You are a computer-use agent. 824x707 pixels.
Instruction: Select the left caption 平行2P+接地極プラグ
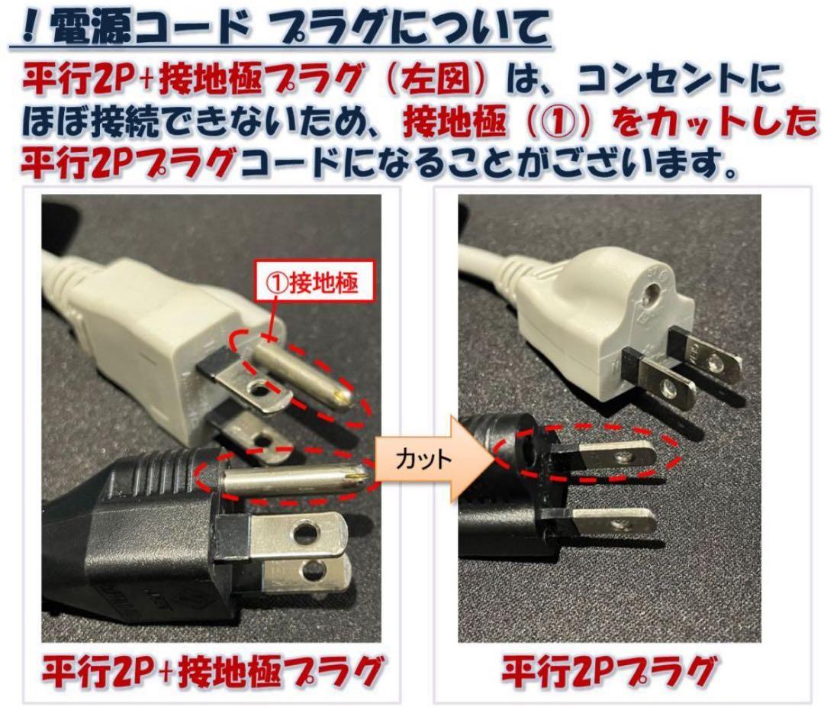click(211, 672)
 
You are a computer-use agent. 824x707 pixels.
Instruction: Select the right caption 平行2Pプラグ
click(607, 672)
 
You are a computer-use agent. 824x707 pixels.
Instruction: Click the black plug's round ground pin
click(294, 480)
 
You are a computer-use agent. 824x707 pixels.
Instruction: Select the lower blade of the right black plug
click(610, 524)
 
